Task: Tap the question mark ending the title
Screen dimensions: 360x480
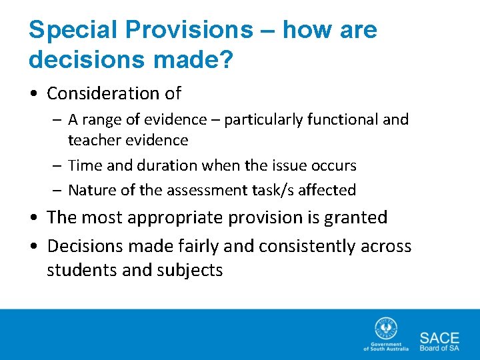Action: tap(227, 60)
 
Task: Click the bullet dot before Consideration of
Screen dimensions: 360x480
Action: tap(34, 94)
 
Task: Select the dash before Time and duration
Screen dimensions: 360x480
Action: tap(57, 165)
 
